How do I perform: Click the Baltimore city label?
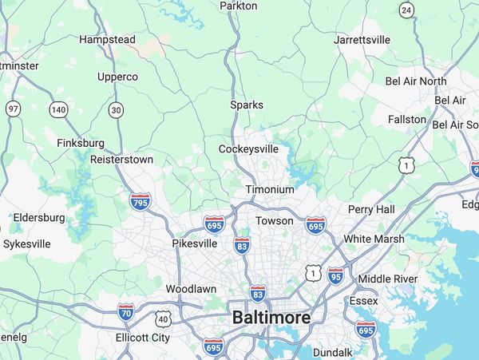[271, 318]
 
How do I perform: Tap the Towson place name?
[275, 220]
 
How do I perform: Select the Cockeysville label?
[248, 148]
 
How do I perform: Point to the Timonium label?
[270, 190]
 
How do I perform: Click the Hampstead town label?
[107, 39]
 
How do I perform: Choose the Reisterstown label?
[121, 160]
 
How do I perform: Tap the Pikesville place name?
[195, 243]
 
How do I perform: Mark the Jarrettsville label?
[362, 39]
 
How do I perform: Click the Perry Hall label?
[371, 209]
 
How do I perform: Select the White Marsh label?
[374, 239]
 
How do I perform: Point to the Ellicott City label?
[143, 338]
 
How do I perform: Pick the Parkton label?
[239, 6]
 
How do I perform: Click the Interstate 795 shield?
[140, 203]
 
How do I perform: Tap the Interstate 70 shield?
[126, 312]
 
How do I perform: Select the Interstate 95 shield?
[337, 277]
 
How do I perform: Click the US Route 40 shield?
[164, 319]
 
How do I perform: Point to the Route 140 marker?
[58, 109]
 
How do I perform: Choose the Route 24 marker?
[407, 10]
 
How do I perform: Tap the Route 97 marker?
[13, 109]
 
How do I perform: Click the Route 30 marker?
[117, 110]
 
